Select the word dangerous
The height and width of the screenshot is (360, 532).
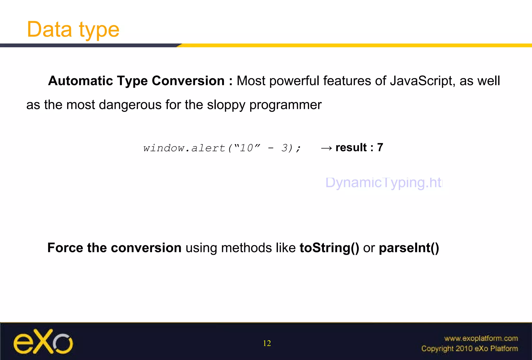pyautogui.click(x=130, y=105)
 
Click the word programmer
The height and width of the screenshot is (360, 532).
pyautogui.click(x=285, y=105)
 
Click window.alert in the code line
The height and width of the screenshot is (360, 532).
pyautogui.click(x=184, y=148)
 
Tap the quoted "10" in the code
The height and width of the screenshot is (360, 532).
pyautogui.click(x=247, y=148)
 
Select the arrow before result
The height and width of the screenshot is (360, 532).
pyautogui.click(x=326, y=148)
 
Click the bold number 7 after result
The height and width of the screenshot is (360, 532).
pyautogui.click(x=380, y=148)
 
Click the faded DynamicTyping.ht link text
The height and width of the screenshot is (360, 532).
pyautogui.click(x=384, y=183)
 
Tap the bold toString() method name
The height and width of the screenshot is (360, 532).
pyautogui.click(x=329, y=248)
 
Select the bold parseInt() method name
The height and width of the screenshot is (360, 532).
pyautogui.click(x=409, y=248)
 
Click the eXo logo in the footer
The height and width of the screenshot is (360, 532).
pyautogui.click(x=43, y=342)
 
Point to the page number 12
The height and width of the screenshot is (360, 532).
pyautogui.click(x=267, y=343)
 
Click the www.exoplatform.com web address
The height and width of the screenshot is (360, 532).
pyautogui.click(x=481, y=338)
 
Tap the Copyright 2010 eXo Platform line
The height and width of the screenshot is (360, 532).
pyautogui.click(x=469, y=349)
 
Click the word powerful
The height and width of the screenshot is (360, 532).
pyautogui.click(x=294, y=81)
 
